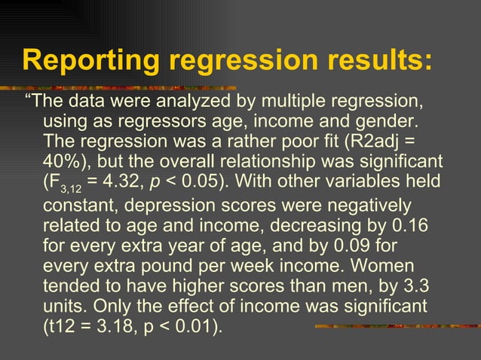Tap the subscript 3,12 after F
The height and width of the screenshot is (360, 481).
coord(72,188)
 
